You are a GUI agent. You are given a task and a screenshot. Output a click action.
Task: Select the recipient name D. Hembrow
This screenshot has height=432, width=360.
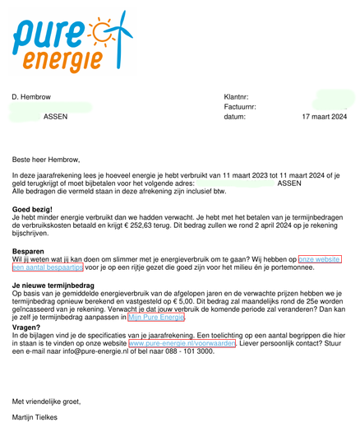pos(32,96)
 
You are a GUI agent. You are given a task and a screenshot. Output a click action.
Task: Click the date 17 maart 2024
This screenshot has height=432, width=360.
pos(324,117)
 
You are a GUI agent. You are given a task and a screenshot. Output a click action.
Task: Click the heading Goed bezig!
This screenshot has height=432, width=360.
pos(32,210)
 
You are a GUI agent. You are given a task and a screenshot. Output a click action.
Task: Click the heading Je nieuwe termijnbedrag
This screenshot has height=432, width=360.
pos(53,285)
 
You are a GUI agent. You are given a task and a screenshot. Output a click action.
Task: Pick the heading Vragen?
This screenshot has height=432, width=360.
pos(26,326)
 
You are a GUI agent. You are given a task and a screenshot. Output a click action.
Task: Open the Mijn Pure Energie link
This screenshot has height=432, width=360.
pos(156,317)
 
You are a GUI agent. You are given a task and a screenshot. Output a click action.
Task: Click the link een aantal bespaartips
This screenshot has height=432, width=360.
pos(48,267)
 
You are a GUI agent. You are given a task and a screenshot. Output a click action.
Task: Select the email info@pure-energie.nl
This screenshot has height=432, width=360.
pos(77,351)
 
